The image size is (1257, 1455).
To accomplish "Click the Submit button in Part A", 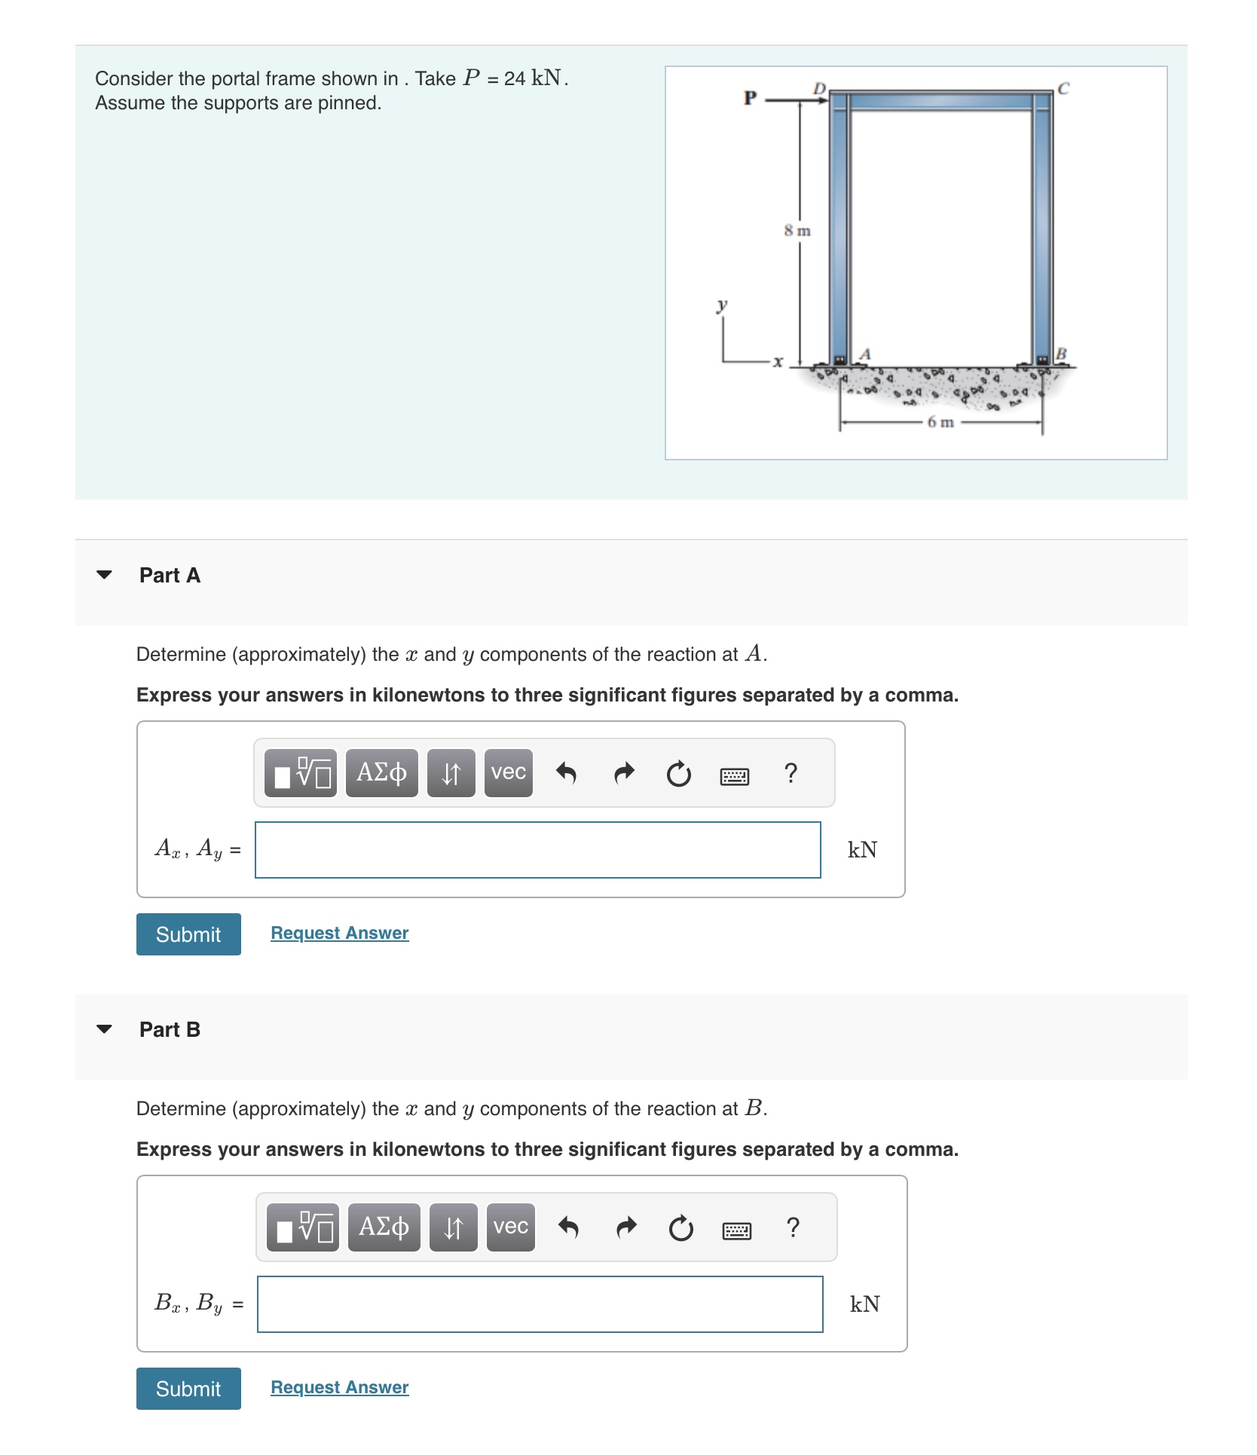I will click(188, 934).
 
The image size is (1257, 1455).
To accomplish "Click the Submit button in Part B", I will click(188, 1389).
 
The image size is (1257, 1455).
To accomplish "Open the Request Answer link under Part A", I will click(339, 933).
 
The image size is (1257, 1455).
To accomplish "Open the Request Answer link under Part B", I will click(339, 1387).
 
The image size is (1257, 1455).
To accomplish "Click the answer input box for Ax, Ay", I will click(537, 850).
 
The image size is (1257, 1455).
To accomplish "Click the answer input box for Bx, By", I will click(540, 1304).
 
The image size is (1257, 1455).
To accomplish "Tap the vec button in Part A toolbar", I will click(509, 773).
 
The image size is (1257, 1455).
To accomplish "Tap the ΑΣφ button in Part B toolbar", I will click(384, 1227).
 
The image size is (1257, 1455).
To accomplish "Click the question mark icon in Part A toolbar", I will click(791, 773).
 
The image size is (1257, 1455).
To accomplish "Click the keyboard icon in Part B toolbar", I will click(736, 1230).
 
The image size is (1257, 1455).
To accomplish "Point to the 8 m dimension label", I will click(797, 231).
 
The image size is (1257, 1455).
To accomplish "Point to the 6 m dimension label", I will click(940, 422).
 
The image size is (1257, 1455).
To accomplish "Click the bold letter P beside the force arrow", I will click(750, 98).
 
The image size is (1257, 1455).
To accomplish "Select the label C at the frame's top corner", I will click(1063, 89).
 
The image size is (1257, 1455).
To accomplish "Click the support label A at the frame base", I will click(865, 353).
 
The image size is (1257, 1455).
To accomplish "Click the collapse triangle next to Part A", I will click(105, 575).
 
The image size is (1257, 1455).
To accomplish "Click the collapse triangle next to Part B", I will click(105, 1029).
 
